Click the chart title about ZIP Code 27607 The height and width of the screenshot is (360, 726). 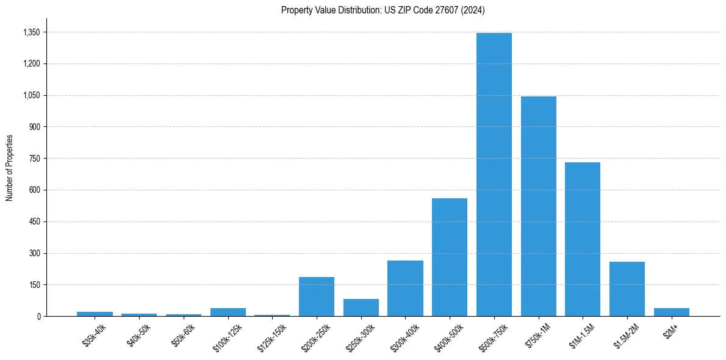(x=383, y=10)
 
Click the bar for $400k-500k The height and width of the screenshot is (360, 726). (x=450, y=257)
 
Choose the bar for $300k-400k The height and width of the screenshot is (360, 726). (x=405, y=288)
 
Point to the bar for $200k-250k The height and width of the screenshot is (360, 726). (x=317, y=297)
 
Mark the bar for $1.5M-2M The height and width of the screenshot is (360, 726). (x=627, y=289)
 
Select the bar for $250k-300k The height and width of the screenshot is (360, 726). (x=361, y=308)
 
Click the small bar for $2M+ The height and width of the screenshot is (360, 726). (x=672, y=312)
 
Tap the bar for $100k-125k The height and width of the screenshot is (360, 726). (x=228, y=312)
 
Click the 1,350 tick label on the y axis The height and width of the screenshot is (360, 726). (x=31, y=32)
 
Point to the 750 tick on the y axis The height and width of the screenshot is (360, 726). (x=34, y=159)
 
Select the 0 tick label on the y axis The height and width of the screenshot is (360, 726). (x=38, y=316)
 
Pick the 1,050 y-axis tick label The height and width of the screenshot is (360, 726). (x=31, y=95)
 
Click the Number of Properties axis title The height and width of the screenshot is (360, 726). (x=9, y=168)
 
